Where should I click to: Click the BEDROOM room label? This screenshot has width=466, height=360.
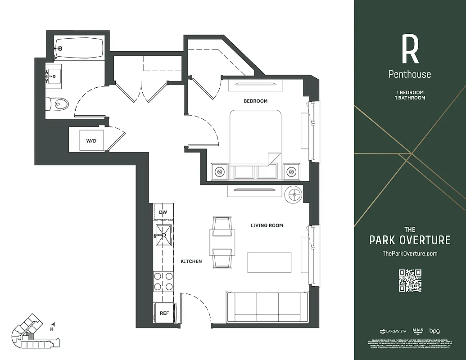(x=255, y=101)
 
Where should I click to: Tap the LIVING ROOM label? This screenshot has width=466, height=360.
(x=267, y=225)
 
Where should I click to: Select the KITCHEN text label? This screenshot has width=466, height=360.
(x=191, y=261)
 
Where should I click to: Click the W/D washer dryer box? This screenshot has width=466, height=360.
(x=91, y=141)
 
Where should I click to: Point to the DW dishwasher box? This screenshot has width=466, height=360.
(x=163, y=212)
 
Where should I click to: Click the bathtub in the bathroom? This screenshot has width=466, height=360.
(x=79, y=47)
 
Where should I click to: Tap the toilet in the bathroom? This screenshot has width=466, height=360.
(x=59, y=104)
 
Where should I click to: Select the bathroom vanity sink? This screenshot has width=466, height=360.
(x=54, y=76)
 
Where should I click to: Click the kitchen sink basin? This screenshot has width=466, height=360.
(x=163, y=235)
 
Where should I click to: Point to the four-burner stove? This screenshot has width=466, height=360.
(x=163, y=281)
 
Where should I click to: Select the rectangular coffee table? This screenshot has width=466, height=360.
(x=269, y=262)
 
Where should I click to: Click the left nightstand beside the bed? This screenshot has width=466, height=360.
(x=219, y=171)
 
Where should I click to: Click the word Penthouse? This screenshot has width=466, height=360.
(x=410, y=74)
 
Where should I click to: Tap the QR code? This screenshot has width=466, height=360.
(x=410, y=280)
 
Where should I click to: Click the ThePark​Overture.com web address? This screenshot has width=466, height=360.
(x=410, y=254)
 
